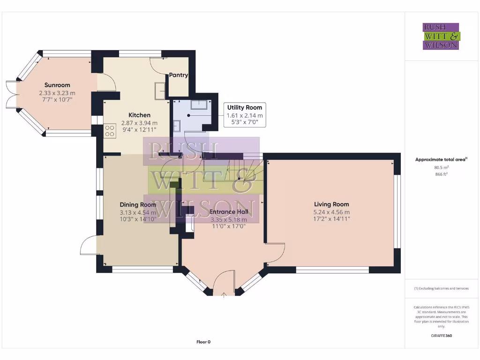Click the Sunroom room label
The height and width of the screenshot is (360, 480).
tap(57, 85)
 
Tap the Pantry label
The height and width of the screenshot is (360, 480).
tap(178, 75)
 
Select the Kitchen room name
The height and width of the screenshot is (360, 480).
tap(139, 115)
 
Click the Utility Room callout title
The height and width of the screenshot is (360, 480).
tap(245, 107)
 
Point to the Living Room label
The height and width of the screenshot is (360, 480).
tap(331, 204)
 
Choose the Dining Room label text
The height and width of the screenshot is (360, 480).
tap(138, 205)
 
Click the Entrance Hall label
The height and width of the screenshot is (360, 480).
tap(229, 212)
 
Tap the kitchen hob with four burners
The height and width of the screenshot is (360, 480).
tap(110, 130)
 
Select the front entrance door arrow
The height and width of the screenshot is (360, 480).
tap(224, 295)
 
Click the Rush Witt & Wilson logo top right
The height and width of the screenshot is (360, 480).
tap(441, 36)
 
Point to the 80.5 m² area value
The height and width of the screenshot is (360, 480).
tap(441, 167)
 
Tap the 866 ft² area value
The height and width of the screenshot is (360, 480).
tap(441, 174)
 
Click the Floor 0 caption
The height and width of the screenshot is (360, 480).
tap(203, 342)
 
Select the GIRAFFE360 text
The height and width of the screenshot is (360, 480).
tap(441, 336)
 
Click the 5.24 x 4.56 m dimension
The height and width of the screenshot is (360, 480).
tap(331, 212)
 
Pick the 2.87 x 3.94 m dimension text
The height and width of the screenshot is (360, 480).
tap(139, 122)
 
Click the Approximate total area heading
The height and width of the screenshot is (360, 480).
tap(441, 159)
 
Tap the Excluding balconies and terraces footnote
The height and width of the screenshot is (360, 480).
tap(441, 288)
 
